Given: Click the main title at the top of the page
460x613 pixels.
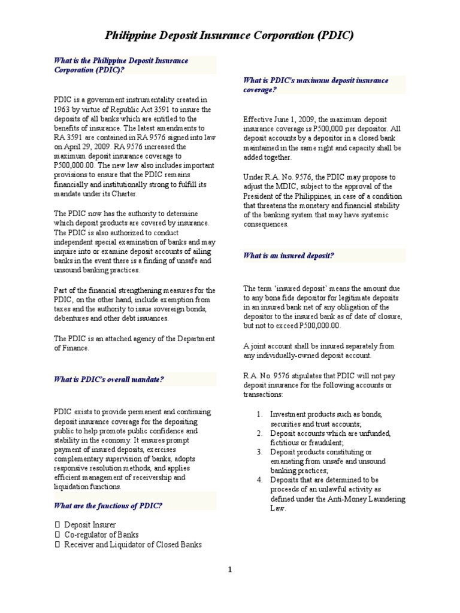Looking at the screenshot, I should coord(230,35).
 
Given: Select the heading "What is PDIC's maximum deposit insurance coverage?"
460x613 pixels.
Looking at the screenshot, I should coord(315,84).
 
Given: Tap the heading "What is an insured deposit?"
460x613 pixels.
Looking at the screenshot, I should coord(288,255).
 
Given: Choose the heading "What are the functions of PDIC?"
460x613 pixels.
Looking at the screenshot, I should coord(108,505).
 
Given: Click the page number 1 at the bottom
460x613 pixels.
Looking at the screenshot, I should coord(229,570).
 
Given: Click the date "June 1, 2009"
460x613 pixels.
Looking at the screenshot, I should coord(295,119).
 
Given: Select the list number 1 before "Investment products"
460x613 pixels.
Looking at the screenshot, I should coord(259,414).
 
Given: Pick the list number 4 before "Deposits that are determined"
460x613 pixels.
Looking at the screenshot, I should coord(259,480).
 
